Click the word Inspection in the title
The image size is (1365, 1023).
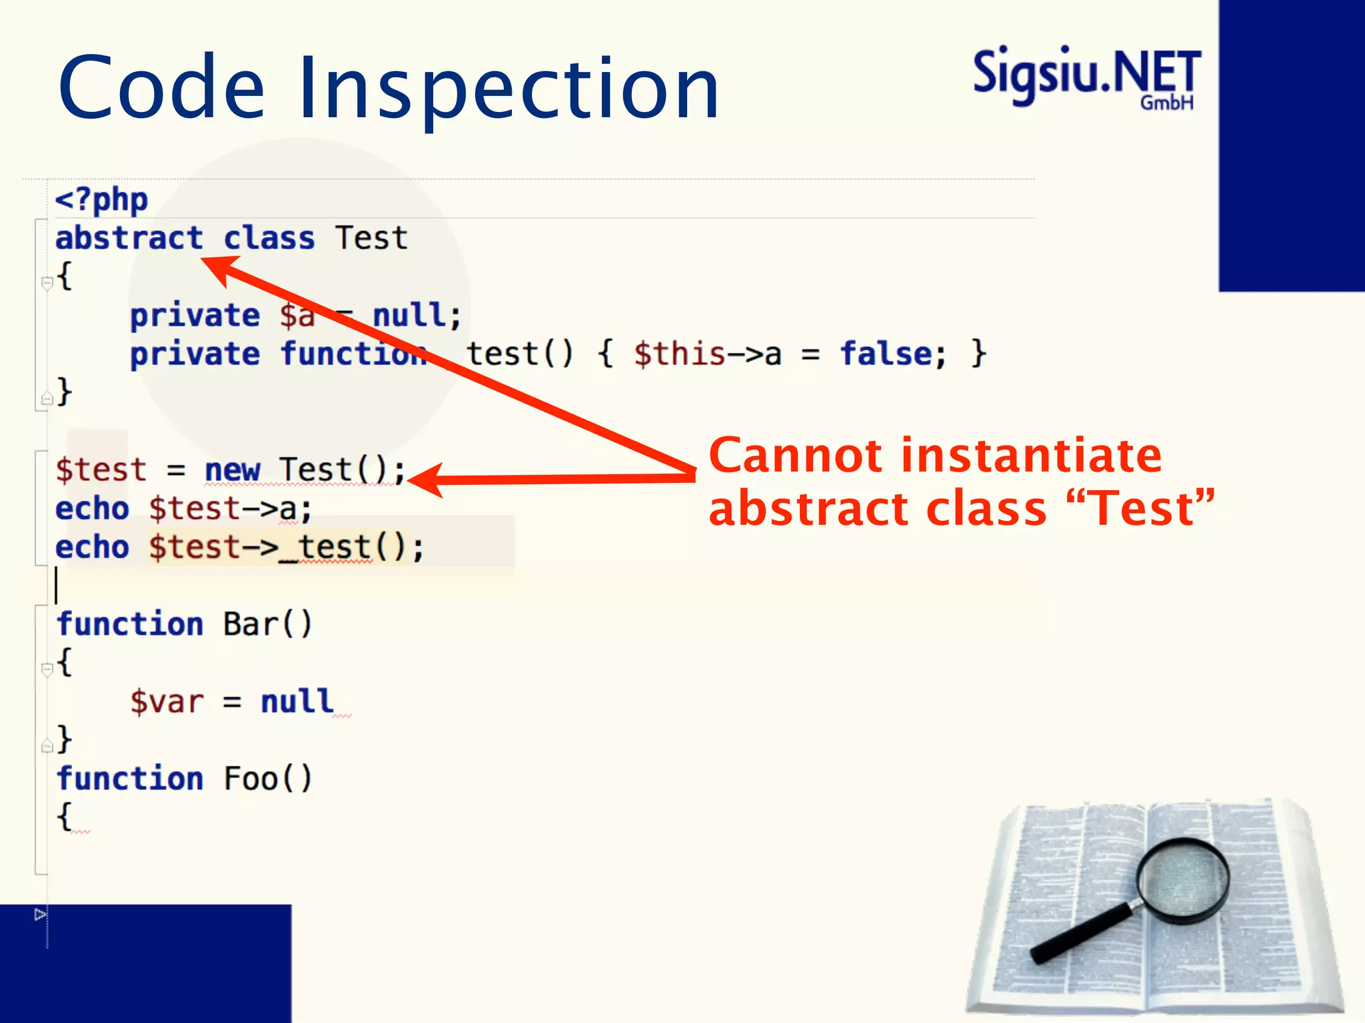(x=508, y=89)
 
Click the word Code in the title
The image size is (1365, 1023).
(x=162, y=87)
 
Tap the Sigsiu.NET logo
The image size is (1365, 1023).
(x=1086, y=77)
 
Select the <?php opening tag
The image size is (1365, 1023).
(x=101, y=200)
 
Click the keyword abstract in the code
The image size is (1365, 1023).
(x=129, y=238)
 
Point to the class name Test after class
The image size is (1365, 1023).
(x=371, y=238)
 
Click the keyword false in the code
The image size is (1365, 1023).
(x=886, y=354)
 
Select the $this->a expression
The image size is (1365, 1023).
(x=707, y=354)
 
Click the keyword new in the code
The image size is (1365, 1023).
(x=232, y=470)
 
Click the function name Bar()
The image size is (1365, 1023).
(x=267, y=625)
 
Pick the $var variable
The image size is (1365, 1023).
(x=167, y=702)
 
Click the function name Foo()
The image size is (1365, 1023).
(x=267, y=779)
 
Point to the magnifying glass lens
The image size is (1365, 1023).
(x=1183, y=880)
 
